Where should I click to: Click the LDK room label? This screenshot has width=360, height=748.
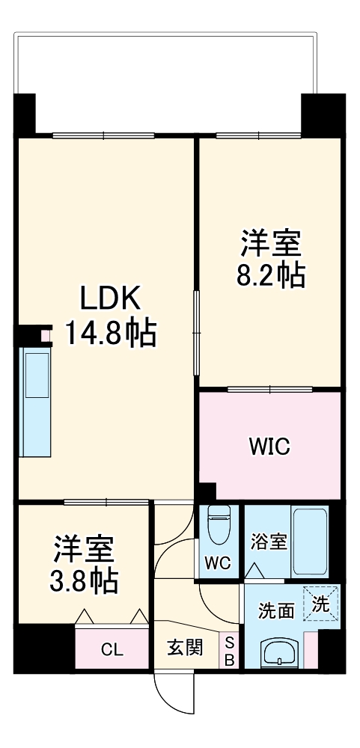[110, 300]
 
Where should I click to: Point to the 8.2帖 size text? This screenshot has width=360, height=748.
[270, 277]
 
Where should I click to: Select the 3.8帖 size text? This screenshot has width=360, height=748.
[83, 581]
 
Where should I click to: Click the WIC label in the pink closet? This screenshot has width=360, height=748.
[269, 447]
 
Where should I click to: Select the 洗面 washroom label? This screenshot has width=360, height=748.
[275, 610]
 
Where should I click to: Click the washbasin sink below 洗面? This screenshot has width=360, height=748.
[279, 653]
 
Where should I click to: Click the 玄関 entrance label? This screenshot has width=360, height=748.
[185, 648]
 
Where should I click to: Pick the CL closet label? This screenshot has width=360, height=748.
[113, 649]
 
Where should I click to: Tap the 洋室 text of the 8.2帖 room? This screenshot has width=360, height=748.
[270, 244]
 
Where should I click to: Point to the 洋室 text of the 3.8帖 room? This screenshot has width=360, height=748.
[83, 550]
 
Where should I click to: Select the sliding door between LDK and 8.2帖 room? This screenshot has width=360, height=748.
[197, 333]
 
